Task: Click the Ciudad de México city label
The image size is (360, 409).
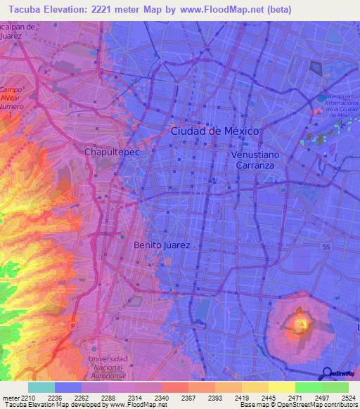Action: click(x=214, y=131)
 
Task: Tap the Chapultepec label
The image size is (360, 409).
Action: click(x=109, y=151)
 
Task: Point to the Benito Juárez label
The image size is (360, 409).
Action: click(x=162, y=245)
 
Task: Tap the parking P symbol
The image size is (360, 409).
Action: click(x=72, y=325)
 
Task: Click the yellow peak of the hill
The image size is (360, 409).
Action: click(x=301, y=324)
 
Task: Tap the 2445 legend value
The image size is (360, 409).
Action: click(x=268, y=398)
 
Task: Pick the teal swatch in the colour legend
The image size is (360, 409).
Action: click(x=41, y=387)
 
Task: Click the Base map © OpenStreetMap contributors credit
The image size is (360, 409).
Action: click(x=298, y=405)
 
